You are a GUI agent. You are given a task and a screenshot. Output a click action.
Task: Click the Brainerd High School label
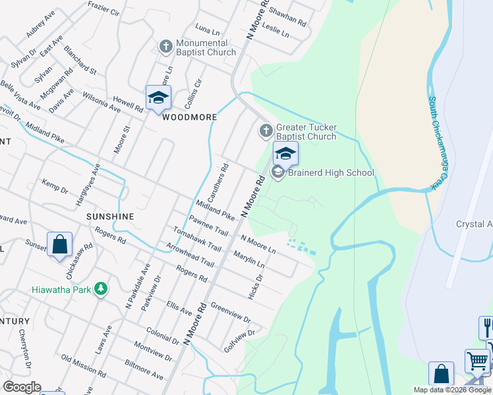tap(332, 173)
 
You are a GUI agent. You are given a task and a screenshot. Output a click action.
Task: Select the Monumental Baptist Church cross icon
tap(165, 47)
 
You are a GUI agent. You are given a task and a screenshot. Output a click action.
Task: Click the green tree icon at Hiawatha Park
tap(101, 289)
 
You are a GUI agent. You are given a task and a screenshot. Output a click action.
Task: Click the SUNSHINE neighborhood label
tap(110, 216)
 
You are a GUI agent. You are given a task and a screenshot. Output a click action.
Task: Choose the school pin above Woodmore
tap(158, 99)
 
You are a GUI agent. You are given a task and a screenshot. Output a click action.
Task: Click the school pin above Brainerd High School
tap(285, 155)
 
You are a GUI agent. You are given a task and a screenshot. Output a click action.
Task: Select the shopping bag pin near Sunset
tap(59, 244)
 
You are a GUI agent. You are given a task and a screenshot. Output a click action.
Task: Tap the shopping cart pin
tap(477, 361)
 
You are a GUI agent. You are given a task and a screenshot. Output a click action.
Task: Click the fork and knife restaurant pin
tap(487, 328)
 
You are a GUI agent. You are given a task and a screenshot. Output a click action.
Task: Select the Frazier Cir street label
tap(103, 9)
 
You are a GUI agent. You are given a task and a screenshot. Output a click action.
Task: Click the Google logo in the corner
tap(22, 387)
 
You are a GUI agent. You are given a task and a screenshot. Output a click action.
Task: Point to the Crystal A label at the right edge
tap(474, 224)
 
